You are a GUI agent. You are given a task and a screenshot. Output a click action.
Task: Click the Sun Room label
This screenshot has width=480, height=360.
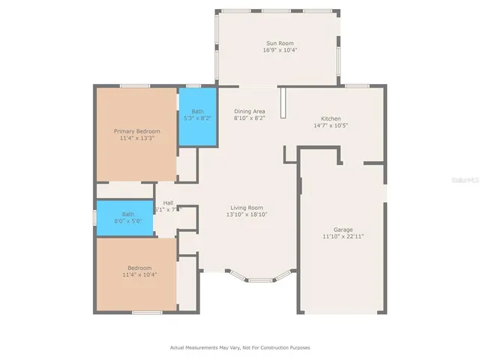277,43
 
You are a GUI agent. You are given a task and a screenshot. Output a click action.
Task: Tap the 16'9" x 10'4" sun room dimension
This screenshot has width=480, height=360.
277,50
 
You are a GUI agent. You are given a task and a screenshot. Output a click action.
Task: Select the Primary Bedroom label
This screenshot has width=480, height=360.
136,131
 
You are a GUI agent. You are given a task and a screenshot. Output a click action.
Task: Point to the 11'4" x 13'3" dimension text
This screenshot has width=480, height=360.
136,138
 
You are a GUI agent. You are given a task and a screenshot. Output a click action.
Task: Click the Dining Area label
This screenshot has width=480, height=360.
249,111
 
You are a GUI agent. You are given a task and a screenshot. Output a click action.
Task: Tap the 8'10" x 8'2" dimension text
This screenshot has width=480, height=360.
249,118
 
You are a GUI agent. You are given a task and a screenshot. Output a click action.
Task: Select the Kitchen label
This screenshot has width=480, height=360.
331,118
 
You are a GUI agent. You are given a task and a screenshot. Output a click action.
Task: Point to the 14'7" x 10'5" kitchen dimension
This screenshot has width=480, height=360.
331,125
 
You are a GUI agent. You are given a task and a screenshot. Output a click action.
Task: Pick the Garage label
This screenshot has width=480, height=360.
343,229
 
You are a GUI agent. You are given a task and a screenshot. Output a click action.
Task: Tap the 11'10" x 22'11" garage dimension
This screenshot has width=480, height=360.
343,236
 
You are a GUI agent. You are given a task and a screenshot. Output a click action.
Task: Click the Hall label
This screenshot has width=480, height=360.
168,202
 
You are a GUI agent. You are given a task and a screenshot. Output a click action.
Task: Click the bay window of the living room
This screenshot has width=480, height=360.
259,279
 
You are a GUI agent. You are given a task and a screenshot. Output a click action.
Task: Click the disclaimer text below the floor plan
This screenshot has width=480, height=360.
240,347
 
